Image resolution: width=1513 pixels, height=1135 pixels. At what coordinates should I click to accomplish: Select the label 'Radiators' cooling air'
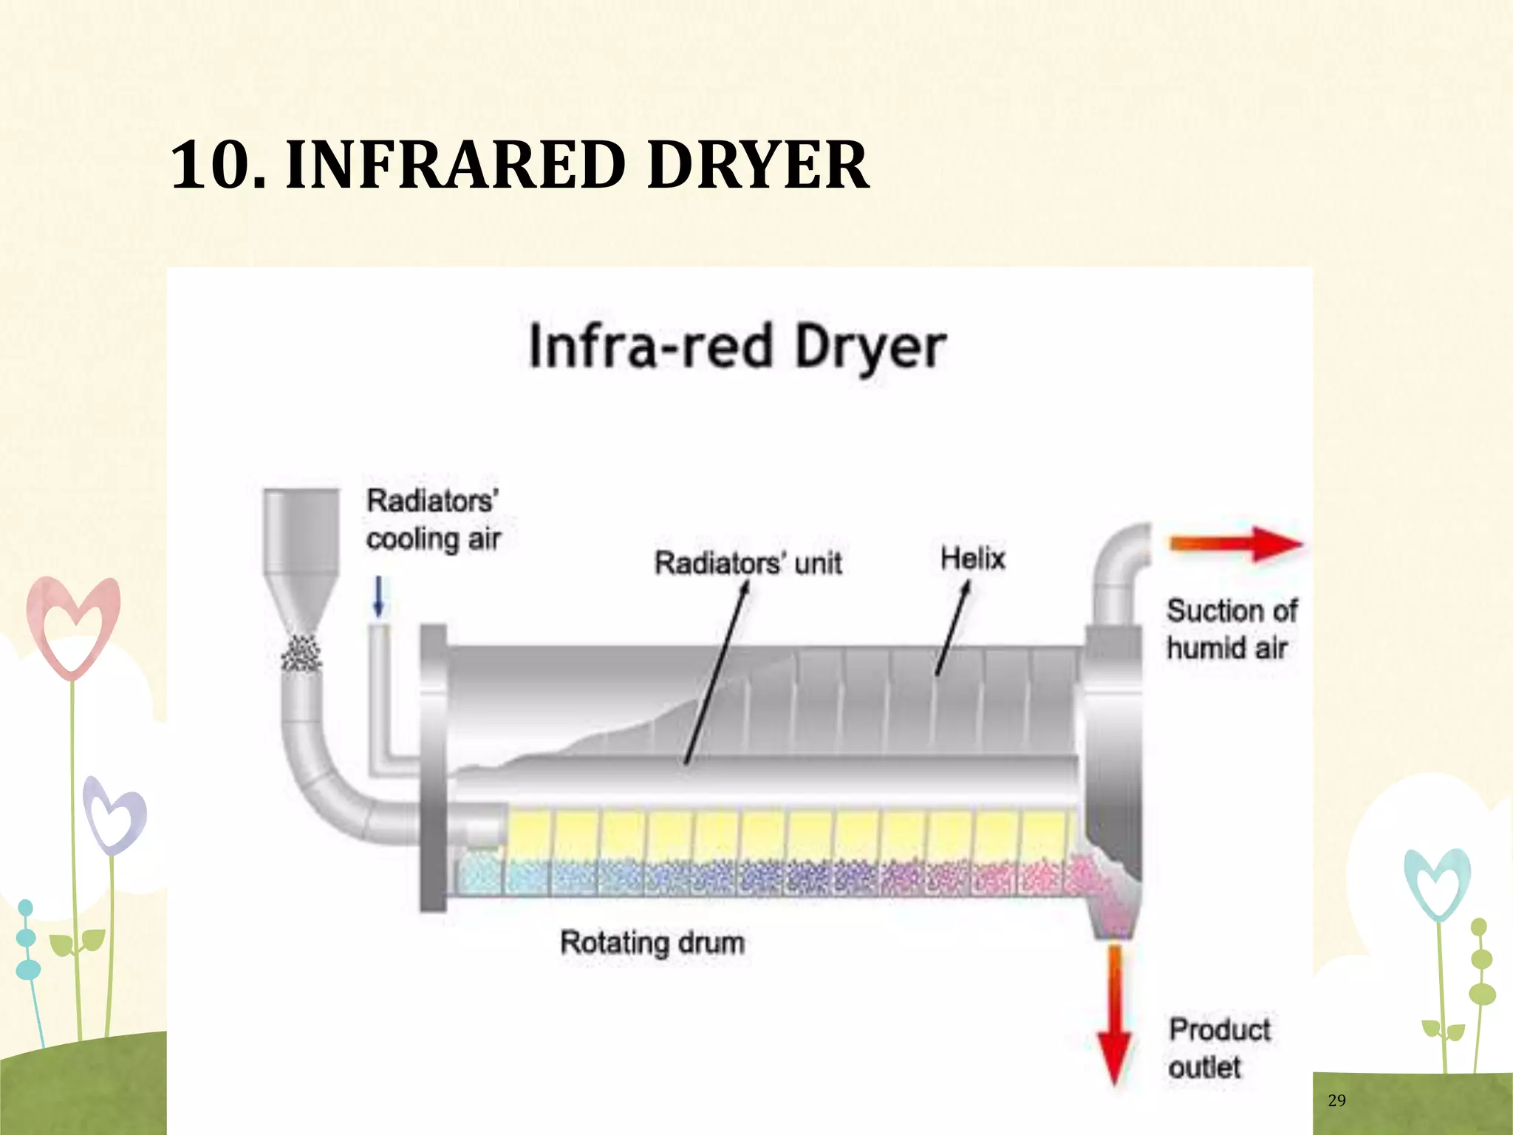tap(434, 519)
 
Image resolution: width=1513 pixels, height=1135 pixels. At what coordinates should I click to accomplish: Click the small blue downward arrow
tap(379, 596)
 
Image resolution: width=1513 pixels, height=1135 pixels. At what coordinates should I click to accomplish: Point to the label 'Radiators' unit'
tap(748, 563)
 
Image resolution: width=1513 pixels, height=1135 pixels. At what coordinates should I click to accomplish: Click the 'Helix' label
tap(972, 558)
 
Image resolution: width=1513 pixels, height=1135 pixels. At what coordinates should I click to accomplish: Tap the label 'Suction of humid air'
tap(1230, 629)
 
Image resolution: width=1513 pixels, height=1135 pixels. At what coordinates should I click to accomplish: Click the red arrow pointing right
tap(1235, 545)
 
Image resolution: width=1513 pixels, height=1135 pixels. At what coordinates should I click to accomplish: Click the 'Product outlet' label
tap(1219, 1048)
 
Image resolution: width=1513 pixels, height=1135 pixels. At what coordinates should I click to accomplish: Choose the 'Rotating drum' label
tap(652, 943)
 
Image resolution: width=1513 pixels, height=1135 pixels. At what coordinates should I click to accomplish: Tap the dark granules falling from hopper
tap(301, 653)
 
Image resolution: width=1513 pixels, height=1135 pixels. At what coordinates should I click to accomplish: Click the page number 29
tap(1336, 1100)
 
